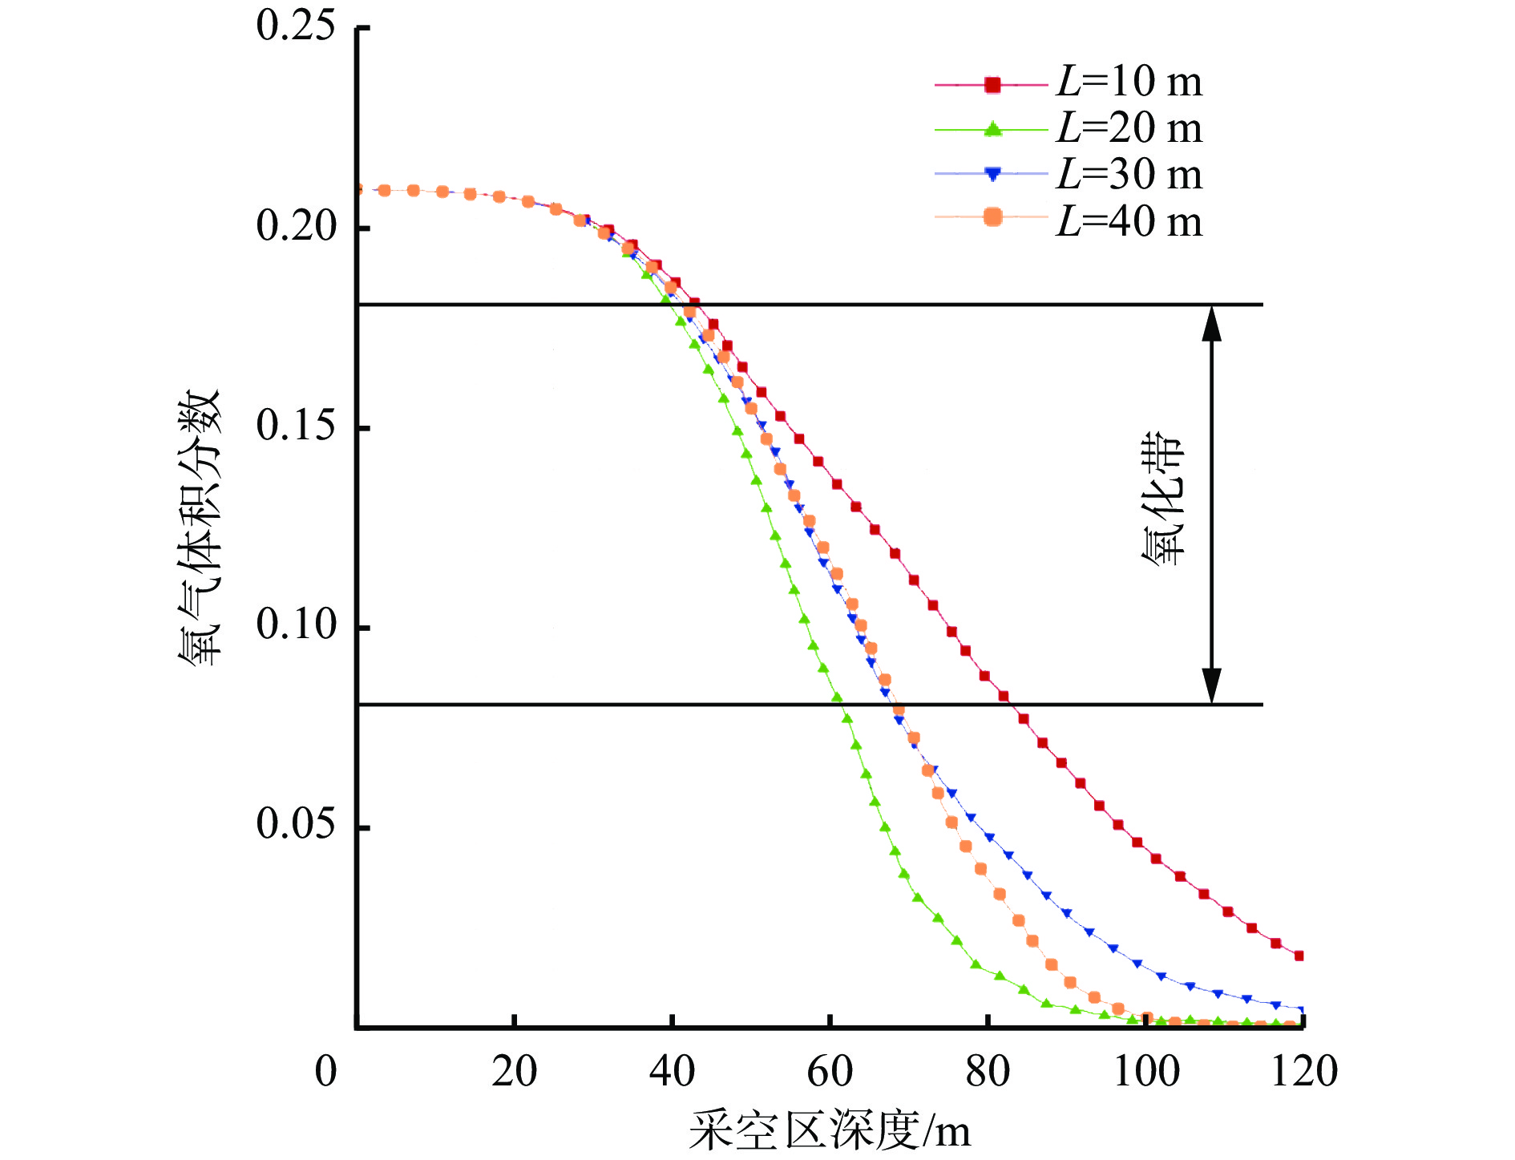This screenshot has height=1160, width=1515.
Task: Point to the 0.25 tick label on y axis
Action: (295, 26)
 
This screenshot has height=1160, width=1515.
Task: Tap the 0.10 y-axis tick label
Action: (295, 624)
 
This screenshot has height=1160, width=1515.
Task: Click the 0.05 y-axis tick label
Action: (295, 824)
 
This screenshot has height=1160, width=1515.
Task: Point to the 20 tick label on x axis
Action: (514, 1072)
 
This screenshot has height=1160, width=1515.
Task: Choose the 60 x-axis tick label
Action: (830, 1072)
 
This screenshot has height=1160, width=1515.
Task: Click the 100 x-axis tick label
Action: (1146, 1072)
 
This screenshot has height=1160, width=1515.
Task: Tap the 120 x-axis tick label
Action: (1304, 1072)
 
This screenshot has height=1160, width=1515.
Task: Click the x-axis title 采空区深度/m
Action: (830, 1131)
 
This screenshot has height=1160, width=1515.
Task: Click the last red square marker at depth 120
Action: (1299, 956)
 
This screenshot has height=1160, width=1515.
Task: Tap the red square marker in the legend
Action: (992, 84)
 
